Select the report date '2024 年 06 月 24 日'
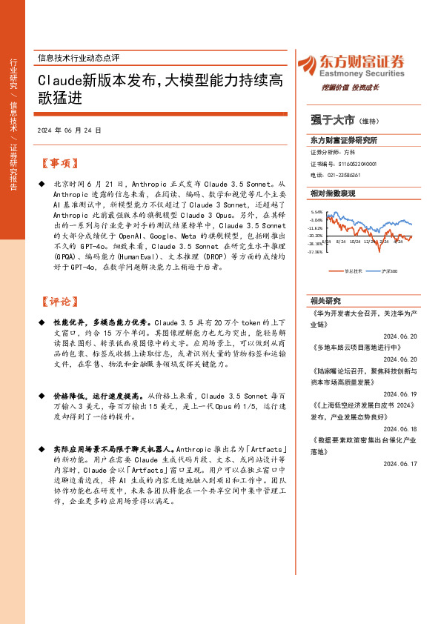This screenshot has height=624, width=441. coord(68,130)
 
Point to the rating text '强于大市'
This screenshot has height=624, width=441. coord(332,119)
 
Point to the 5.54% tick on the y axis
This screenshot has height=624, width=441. coord(316,212)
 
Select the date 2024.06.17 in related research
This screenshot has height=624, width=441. coord(401,463)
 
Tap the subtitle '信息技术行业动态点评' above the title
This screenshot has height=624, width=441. coord(78,57)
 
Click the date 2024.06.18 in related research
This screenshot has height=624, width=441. coord(401,428)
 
